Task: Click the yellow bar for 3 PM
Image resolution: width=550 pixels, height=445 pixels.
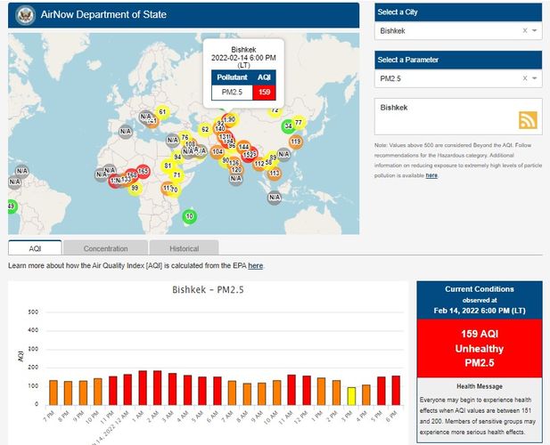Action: click(351, 395)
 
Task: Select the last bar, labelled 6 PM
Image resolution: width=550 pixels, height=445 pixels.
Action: click(395, 390)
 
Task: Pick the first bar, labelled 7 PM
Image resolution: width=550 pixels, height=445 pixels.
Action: click(53, 392)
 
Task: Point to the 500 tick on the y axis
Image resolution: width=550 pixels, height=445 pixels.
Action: click(33, 312)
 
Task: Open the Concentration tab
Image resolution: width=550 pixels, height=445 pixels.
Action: click(105, 248)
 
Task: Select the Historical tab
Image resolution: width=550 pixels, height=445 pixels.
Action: click(184, 248)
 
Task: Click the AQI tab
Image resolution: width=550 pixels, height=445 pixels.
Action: click(35, 248)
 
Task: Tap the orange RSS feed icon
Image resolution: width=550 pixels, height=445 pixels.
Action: click(529, 121)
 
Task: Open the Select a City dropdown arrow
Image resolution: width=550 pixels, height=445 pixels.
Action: click(534, 30)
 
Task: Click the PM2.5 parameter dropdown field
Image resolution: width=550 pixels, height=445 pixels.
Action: click(450, 79)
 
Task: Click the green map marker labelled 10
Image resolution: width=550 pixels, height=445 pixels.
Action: click(190, 215)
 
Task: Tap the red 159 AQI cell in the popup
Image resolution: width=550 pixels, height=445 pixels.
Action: click(264, 92)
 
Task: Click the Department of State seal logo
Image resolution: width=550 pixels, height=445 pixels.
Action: click(24, 14)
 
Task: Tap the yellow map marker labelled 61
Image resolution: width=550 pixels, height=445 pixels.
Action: click(161, 112)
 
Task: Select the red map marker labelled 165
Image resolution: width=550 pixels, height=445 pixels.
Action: click(143, 171)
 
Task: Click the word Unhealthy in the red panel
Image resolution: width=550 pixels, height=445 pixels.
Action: click(479, 347)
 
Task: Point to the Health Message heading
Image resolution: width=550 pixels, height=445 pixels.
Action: click(479, 386)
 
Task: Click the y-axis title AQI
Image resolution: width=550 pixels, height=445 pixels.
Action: click(21, 356)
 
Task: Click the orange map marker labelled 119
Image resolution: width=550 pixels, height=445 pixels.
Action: click(296, 141)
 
